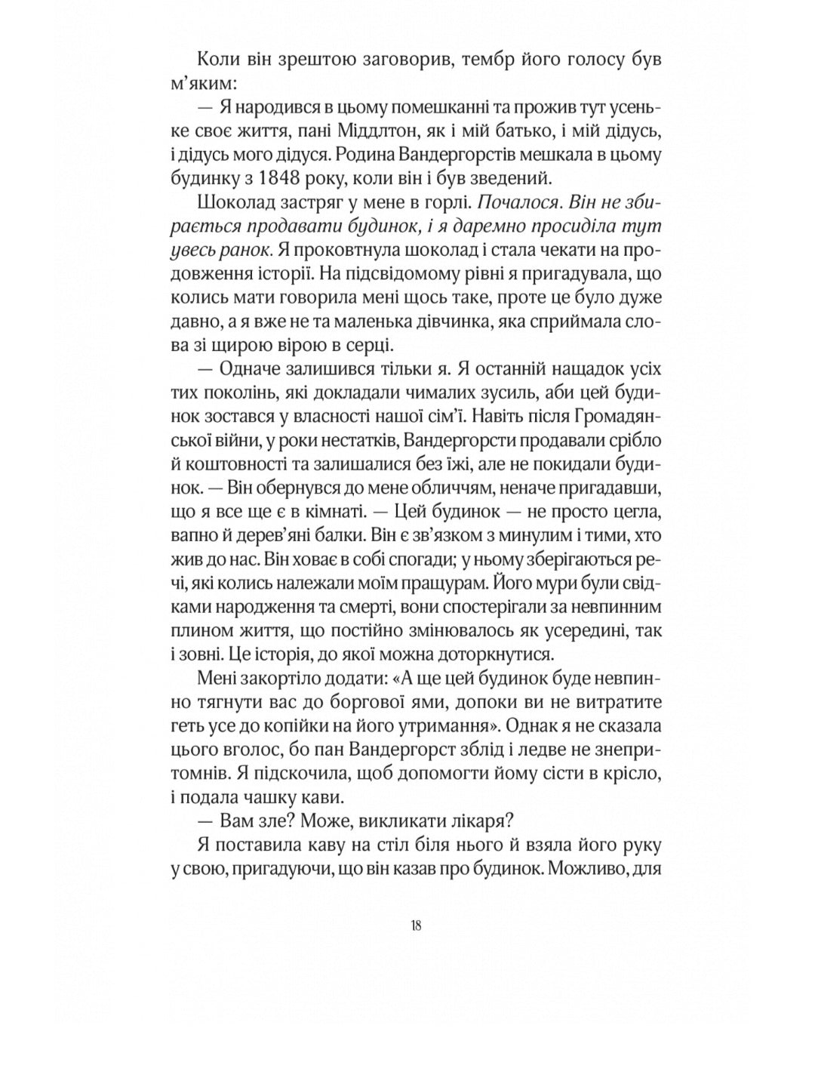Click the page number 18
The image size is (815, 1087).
click(x=416, y=926)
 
